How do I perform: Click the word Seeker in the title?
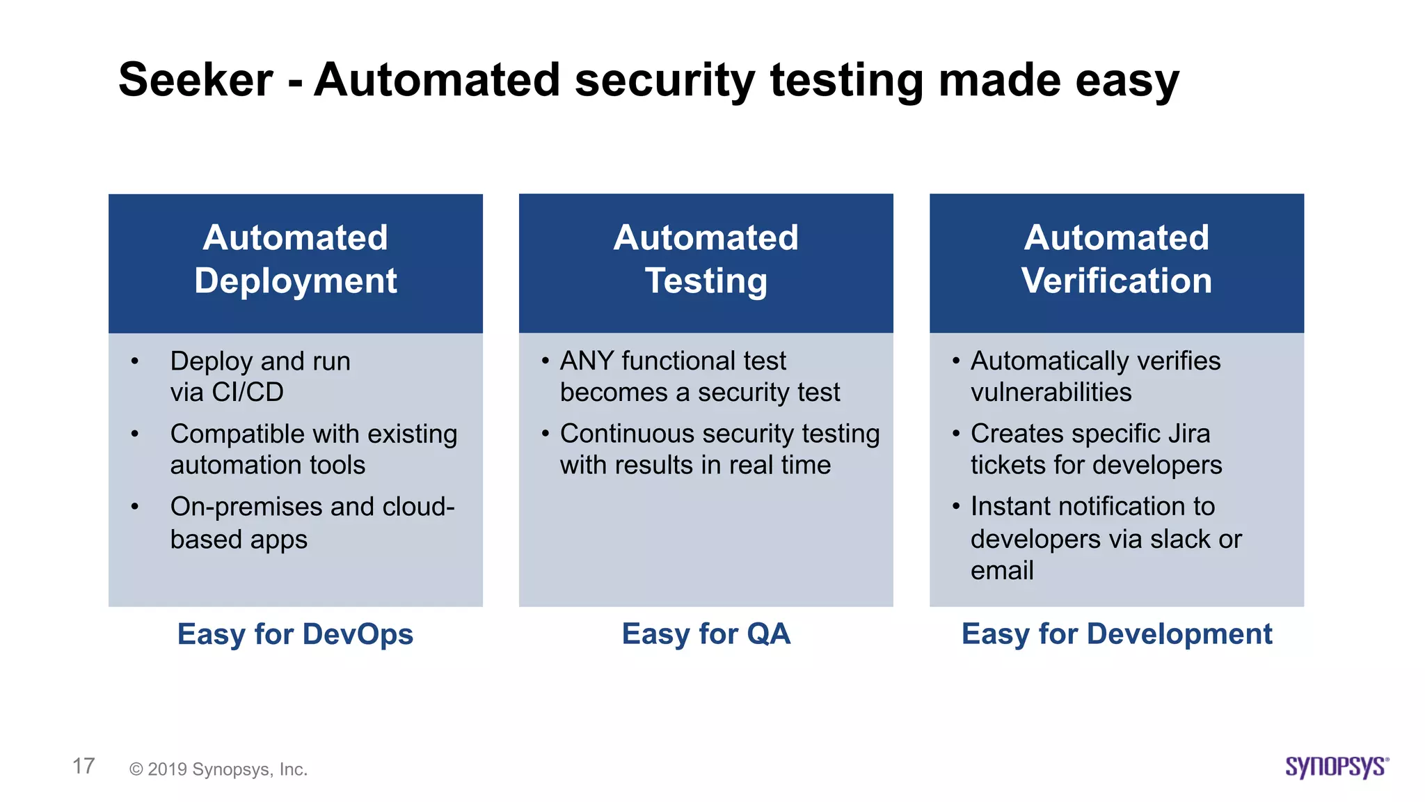pos(196,79)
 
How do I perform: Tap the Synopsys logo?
pos(1336,766)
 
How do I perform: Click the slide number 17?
pos(83,766)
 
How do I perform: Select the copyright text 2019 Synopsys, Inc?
pos(218,769)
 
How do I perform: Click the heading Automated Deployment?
pos(296,259)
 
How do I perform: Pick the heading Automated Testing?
pos(706,259)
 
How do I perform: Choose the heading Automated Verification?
pos(1116,259)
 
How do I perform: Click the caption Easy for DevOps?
pos(295,634)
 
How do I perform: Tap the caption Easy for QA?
pos(706,634)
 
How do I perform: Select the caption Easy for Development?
pos(1116,634)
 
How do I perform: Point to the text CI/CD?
pos(248,393)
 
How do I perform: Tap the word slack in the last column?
pos(1180,540)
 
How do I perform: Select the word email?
pos(1001,571)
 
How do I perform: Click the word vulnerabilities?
pos(1051,393)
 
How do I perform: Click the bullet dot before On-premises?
pos(135,507)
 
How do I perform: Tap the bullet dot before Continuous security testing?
pos(545,434)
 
